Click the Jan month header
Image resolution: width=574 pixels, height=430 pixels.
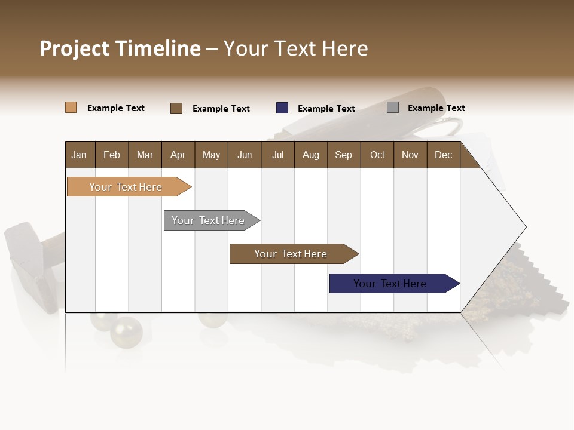pos(80,155)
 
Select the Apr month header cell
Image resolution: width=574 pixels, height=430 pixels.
pos(178,155)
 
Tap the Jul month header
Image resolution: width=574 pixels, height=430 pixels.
pos(277,155)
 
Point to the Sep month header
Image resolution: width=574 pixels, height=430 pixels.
pos(344,155)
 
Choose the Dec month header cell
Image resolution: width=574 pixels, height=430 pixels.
pos(443,155)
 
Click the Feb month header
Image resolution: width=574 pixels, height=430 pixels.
pos(112,155)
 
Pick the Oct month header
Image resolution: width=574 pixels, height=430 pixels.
pos(377,155)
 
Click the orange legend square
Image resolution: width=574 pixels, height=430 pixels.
pos(71,107)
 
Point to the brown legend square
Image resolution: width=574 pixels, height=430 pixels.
pos(176,108)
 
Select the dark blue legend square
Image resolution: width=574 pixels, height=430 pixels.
pos(282,108)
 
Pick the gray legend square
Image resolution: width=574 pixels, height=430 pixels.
pos(393,107)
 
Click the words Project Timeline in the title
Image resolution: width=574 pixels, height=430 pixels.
pos(120,48)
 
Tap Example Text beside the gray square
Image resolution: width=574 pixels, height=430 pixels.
pos(436,108)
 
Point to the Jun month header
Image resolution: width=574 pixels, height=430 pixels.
pos(245,155)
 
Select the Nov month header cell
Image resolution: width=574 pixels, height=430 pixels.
pos(410,155)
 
